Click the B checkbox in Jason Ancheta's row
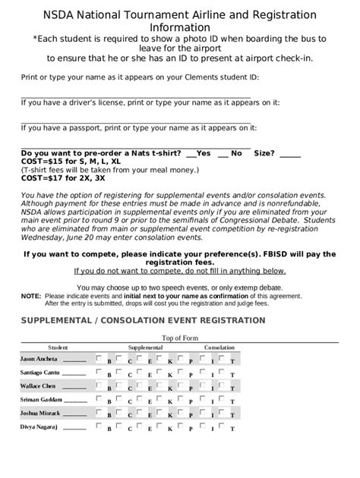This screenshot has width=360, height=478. click(x=99, y=357)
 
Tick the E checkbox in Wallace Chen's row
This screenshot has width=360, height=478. click(x=141, y=385)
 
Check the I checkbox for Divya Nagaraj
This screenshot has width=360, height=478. click(x=203, y=427)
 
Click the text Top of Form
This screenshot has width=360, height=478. click(x=180, y=338)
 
